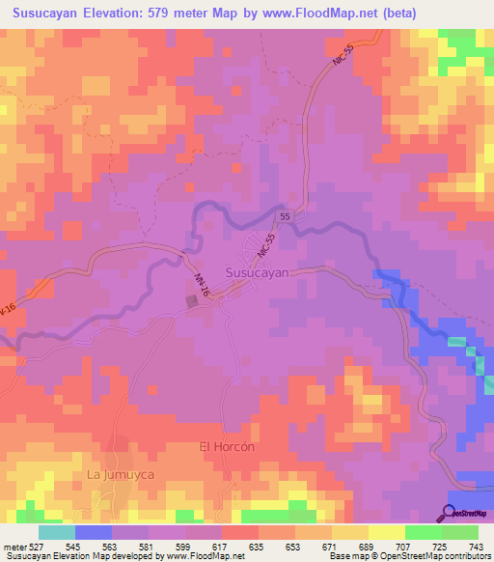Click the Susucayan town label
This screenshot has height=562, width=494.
click(x=257, y=273)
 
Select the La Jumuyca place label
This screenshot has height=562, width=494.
click(x=121, y=475)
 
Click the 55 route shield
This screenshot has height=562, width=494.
click(x=286, y=217)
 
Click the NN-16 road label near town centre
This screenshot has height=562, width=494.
click(x=201, y=285)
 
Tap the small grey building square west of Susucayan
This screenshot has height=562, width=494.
click(x=192, y=302)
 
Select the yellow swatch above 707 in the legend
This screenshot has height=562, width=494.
click(x=387, y=531)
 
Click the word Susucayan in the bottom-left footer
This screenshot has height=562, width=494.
click(x=26, y=556)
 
